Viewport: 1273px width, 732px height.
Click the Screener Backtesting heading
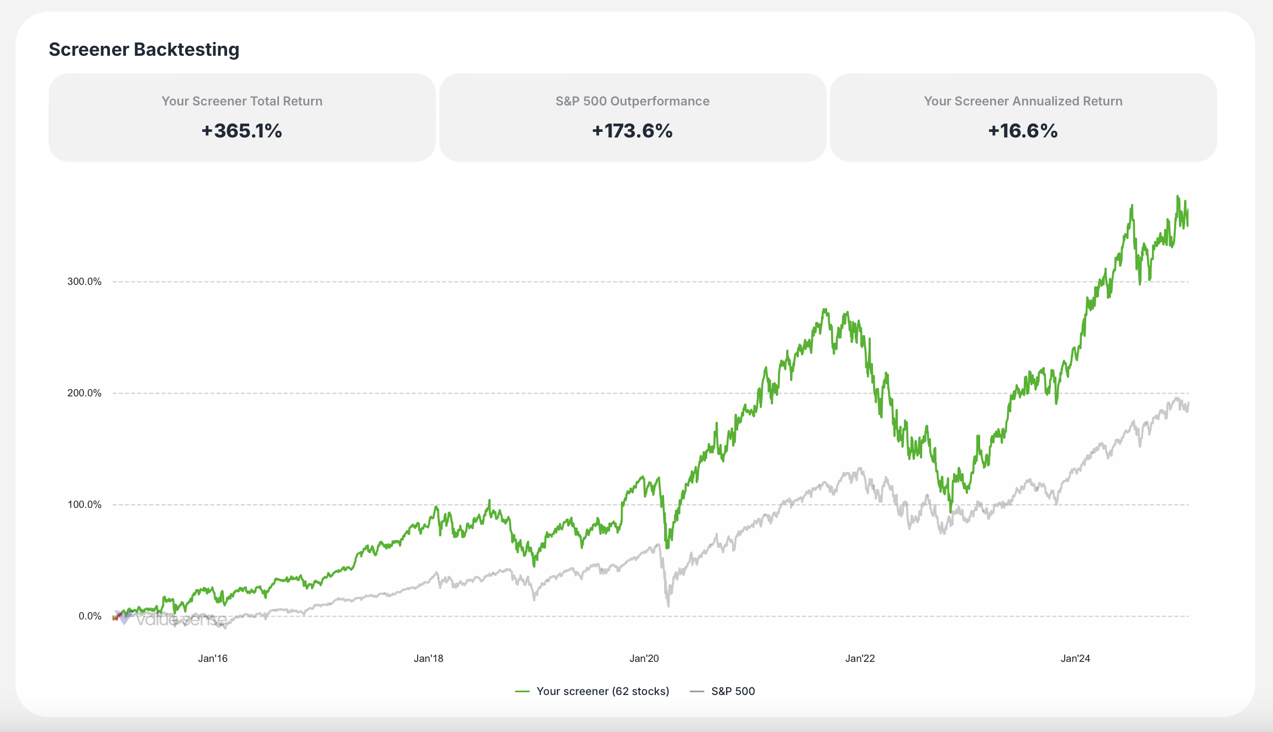pyautogui.click(x=144, y=50)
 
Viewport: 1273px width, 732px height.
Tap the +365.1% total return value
pyautogui.click(x=241, y=131)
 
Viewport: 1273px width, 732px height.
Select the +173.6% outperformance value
pyautogui.click(x=632, y=131)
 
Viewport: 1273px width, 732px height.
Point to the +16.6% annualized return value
pyautogui.click(x=1023, y=131)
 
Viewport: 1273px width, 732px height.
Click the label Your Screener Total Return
pyautogui.click(x=241, y=101)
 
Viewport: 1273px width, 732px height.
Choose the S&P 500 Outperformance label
pyautogui.click(x=632, y=101)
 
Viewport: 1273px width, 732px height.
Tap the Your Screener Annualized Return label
pyautogui.click(x=1023, y=101)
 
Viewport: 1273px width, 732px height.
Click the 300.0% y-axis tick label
pyautogui.click(x=85, y=282)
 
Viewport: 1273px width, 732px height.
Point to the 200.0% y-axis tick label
pyautogui.click(x=85, y=393)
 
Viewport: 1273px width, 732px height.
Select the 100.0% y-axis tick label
pyautogui.click(x=85, y=505)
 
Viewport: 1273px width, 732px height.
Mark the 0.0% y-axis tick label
pyautogui.click(x=90, y=616)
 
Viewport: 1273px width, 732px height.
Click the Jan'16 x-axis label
pyautogui.click(x=213, y=658)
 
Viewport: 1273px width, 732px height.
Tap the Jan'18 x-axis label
pyautogui.click(x=428, y=658)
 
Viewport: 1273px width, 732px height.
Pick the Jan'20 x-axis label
pyautogui.click(x=644, y=658)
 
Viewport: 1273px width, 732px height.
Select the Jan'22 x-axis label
pyautogui.click(x=860, y=658)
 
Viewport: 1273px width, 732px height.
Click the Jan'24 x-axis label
pyautogui.click(x=1075, y=658)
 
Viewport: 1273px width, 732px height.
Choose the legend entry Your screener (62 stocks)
pyautogui.click(x=602, y=691)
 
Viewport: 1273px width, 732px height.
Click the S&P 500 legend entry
pyautogui.click(x=733, y=691)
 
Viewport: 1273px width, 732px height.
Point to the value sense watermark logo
pyautogui.click(x=171, y=620)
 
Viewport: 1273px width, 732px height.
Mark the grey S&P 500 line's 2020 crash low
pyautogui.click(x=669, y=606)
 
